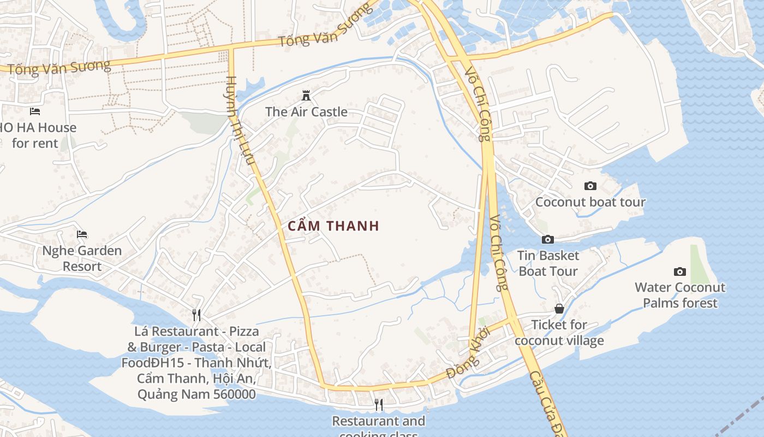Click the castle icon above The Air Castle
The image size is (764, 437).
(306, 96)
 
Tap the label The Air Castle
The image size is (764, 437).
(306, 112)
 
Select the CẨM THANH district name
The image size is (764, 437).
(333, 226)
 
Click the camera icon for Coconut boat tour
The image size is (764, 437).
(590, 186)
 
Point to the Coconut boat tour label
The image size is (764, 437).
(590, 202)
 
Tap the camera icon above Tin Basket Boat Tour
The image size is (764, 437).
(548, 239)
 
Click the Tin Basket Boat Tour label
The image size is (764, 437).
(548, 263)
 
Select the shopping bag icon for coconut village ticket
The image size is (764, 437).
(559, 309)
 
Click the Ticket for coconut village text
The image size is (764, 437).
(559, 333)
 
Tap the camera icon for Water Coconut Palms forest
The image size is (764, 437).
(680, 271)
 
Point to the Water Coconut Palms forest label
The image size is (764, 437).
(680, 295)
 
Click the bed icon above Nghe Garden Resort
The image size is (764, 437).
(82, 234)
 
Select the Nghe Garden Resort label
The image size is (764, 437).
(82, 258)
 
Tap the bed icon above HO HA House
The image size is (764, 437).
(35, 111)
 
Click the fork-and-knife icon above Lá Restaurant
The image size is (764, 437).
(196, 315)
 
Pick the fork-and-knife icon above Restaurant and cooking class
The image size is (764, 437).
(379, 405)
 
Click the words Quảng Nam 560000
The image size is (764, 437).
(196, 394)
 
